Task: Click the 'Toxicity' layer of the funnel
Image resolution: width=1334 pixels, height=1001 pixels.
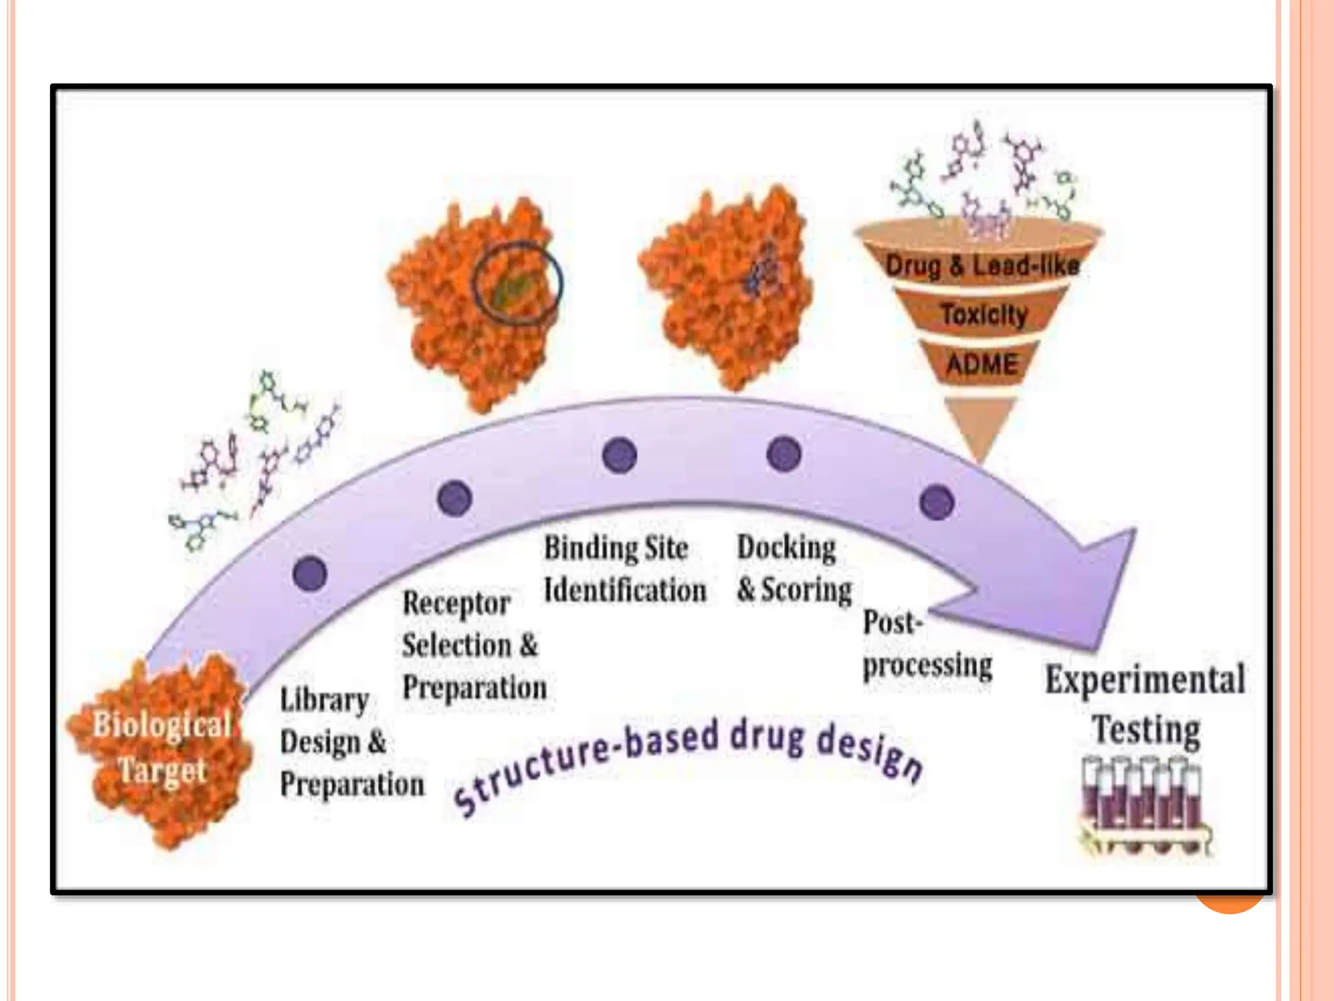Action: [x=983, y=315]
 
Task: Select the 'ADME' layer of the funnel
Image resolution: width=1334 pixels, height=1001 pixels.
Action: [x=981, y=364]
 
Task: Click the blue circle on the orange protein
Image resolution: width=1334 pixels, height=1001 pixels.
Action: [x=518, y=283]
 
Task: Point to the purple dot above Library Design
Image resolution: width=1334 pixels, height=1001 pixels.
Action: [x=310, y=573]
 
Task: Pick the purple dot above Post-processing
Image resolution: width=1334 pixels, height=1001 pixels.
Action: [x=937, y=502]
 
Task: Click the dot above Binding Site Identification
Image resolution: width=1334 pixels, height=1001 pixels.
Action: [x=619, y=455]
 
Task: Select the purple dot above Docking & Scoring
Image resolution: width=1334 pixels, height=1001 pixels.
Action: [x=784, y=454]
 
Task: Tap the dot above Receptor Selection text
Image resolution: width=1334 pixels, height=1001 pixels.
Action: [x=455, y=499]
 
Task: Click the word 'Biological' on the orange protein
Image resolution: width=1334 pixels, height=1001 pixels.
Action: [x=162, y=725]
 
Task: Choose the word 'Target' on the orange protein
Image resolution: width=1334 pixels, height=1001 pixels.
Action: [x=162, y=771]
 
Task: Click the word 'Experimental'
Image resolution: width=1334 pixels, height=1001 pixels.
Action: [x=1145, y=680]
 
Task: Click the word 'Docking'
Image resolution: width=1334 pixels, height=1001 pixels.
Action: [x=786, y=548]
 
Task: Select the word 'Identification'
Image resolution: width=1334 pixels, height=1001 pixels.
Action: [x=625, y=590]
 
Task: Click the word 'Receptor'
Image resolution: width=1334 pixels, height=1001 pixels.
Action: [x=456, y=603]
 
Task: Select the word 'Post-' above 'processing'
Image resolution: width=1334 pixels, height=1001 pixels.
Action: [x=892, y=623]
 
